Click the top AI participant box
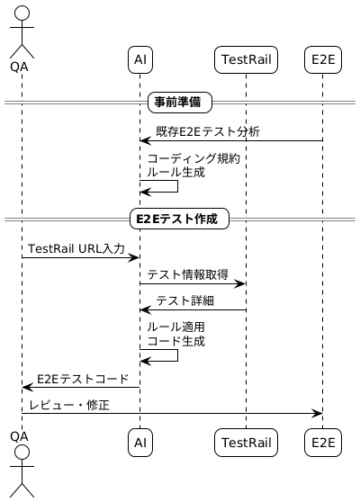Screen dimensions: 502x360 pyautogui.click(x=139, y=59)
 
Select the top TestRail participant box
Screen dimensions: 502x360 pyautogui.click(x=246, y=59)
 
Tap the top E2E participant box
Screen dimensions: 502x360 pyautogui.click(x=323, y=59)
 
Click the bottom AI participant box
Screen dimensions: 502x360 pyautogui.click(x=139, y=442)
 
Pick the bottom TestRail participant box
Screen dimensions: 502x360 pyautogui.click(x=246, y=442)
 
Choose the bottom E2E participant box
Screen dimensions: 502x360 pyautogui.click(x=323, y=442)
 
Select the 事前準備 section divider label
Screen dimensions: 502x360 pyautogui.click(x=180, y=103)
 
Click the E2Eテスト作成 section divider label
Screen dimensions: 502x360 pyautogui.click(x=180, y=219)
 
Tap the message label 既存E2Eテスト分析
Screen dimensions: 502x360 pyautogui.click(x=208, y=132)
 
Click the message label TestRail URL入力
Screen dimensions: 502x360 pyautogui.click(x=76, y=248)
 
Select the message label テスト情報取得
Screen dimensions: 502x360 pyautogui.click(x=187, y=274)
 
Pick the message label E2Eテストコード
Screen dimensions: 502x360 pyautogui.click(x=82, y=379)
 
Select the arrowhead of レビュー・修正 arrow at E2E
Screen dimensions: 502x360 pyautogui.click(x=318, y=413)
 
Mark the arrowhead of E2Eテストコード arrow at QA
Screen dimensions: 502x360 pyautogui.click(x=27, y=387)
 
